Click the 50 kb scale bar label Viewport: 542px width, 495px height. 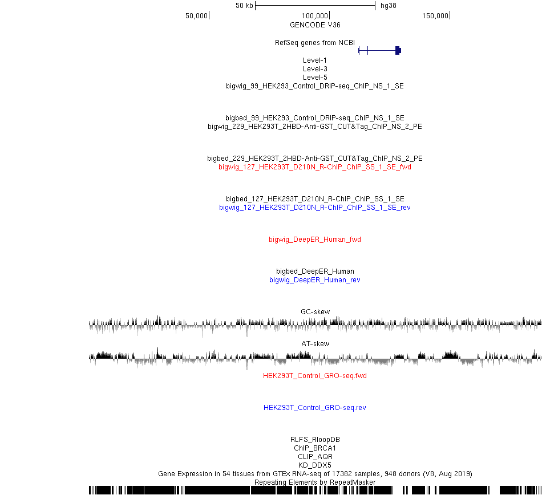[x=244, y=6]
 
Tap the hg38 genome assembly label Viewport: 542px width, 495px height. [x=388, y=6]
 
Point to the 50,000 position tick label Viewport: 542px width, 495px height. [x=196, y=16]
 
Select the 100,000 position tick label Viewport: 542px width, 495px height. [x=314, y=16]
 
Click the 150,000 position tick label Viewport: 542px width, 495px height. [x=435, y=16]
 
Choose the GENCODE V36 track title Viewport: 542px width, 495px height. [x=315, y=25]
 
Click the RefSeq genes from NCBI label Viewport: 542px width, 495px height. [x=314, y=43]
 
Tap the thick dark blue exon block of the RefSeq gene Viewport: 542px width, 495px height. [x=398, y=50]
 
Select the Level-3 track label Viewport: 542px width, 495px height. [x=315, y=69]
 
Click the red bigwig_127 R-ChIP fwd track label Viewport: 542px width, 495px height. [x=314, y=167]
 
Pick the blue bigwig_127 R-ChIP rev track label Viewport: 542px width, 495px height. [x=314, y=208]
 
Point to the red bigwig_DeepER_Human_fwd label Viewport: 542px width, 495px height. [x=314, y=240]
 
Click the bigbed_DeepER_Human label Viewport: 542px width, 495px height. [x=315, y=271]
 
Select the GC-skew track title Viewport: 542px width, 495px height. [x=316, y=311]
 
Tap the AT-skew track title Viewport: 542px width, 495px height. [x=316, y=344]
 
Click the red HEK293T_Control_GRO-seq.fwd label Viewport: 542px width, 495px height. [x=314, y=376]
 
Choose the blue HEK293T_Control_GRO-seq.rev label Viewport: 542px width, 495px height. [x=314, y=408]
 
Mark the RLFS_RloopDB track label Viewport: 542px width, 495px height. [x=315, y=440]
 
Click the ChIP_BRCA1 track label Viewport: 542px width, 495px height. [x=315, y=448]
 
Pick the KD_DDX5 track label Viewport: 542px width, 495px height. [x=315, y=465]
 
